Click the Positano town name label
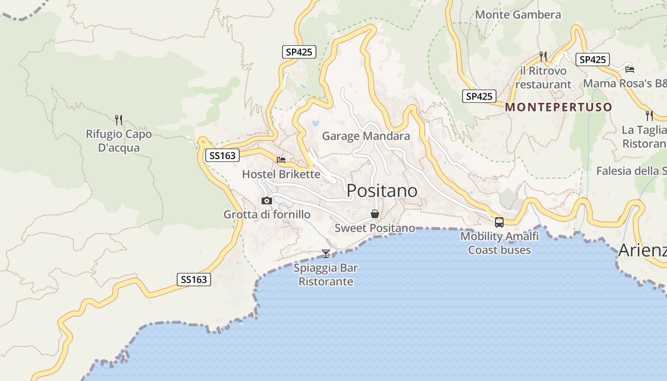tap(382, 190)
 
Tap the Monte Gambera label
tap(518, 15)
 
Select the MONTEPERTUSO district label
tap(558, 107)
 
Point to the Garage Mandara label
tap(366, 136)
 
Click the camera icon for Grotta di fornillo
tap(267, 201)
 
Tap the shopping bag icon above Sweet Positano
tap(375, 214)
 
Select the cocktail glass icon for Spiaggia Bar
tap(326, 253)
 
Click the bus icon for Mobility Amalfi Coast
tap(499, 222)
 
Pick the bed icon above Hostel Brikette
tap(281, 160)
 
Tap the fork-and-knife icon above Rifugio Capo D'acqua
tap(119, 120)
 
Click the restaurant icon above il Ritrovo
tap(543, 57)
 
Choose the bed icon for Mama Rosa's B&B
tap(629, 69)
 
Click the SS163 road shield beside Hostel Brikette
tap(222, 156)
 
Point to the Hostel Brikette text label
tap(281, 174)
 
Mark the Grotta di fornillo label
tap(267, 215)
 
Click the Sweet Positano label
tap(374, 228)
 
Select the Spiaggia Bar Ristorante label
tap(326, 275)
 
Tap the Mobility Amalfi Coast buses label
tap(499, 243)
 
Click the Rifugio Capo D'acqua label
tap(119, 141)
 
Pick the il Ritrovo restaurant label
tap(543, 78)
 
